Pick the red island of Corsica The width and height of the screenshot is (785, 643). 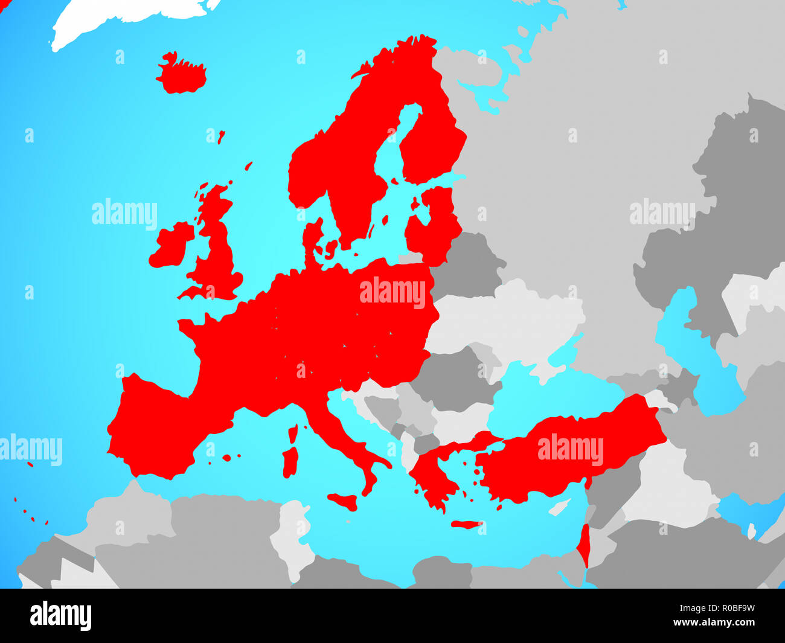(x=293, y=434)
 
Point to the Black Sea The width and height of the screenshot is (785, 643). (x=531, y=392)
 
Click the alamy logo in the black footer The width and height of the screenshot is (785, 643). (x=61, y=616)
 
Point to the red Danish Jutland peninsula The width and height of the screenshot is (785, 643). (x=312, y=242)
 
